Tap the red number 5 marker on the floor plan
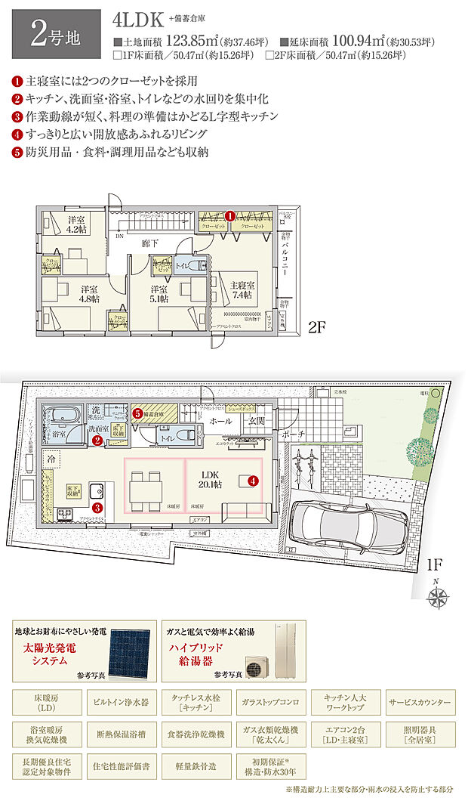point(138,414)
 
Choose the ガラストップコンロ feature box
point(272,703)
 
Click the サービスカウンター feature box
point(420,703)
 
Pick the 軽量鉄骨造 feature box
point(199,767)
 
